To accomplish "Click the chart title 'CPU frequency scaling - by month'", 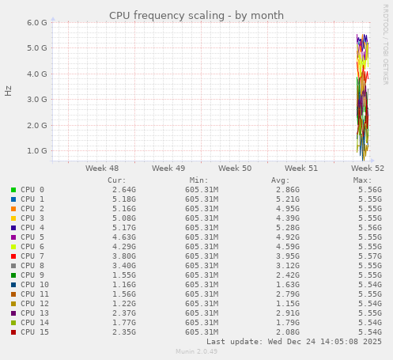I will point(196,15).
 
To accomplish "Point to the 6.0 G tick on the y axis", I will point(37,22).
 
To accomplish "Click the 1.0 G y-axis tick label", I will point(37,150).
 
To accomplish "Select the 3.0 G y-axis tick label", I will point(37,99).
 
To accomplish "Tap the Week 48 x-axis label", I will point(102,169).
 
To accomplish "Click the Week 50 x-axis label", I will point(235,169).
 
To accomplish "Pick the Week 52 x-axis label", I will point(368,169).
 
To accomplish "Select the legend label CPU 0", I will point(32,190).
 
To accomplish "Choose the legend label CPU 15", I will point(35,332).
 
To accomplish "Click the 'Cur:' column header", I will point(116,180).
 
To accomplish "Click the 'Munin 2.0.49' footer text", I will point(196,351).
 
